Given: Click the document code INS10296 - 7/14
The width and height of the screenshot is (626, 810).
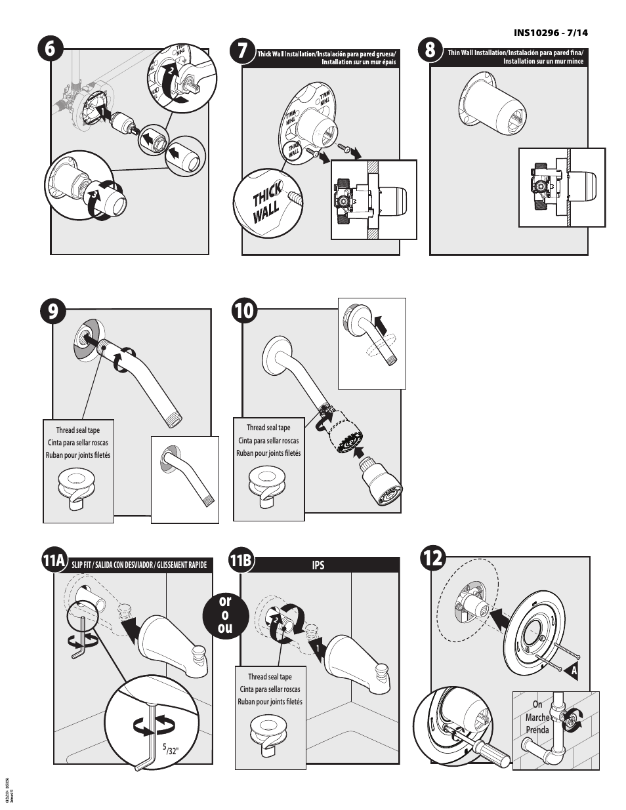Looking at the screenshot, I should pos(551,31).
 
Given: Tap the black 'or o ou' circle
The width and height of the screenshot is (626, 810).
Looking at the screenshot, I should pos(225,615).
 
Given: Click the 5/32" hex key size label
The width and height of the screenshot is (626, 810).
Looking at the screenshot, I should pos(169,750).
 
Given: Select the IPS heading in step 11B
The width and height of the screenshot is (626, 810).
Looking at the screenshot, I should pos(318,565).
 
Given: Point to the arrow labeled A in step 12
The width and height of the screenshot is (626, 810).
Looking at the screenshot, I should pos(570,672).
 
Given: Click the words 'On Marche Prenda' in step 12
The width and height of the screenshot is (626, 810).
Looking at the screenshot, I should pos(537,717).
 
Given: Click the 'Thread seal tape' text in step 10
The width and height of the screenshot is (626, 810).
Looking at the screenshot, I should pos(268,428).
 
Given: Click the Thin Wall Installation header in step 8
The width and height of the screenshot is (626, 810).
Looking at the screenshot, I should pos(514,56).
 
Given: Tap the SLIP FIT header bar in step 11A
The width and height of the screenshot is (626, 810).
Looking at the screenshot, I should pos(138,565).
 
